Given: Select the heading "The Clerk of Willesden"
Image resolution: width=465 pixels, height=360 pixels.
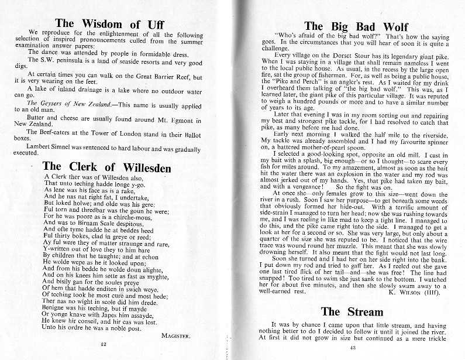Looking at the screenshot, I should coord(107,167).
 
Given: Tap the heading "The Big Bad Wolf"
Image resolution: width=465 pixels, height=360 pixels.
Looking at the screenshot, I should coord(356,26).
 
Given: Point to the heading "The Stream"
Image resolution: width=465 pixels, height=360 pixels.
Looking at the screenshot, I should coord(352,311).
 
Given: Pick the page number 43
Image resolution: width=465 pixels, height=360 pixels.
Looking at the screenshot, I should coord(353,349).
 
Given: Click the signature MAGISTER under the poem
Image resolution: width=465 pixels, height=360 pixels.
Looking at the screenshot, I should coord(176,335).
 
